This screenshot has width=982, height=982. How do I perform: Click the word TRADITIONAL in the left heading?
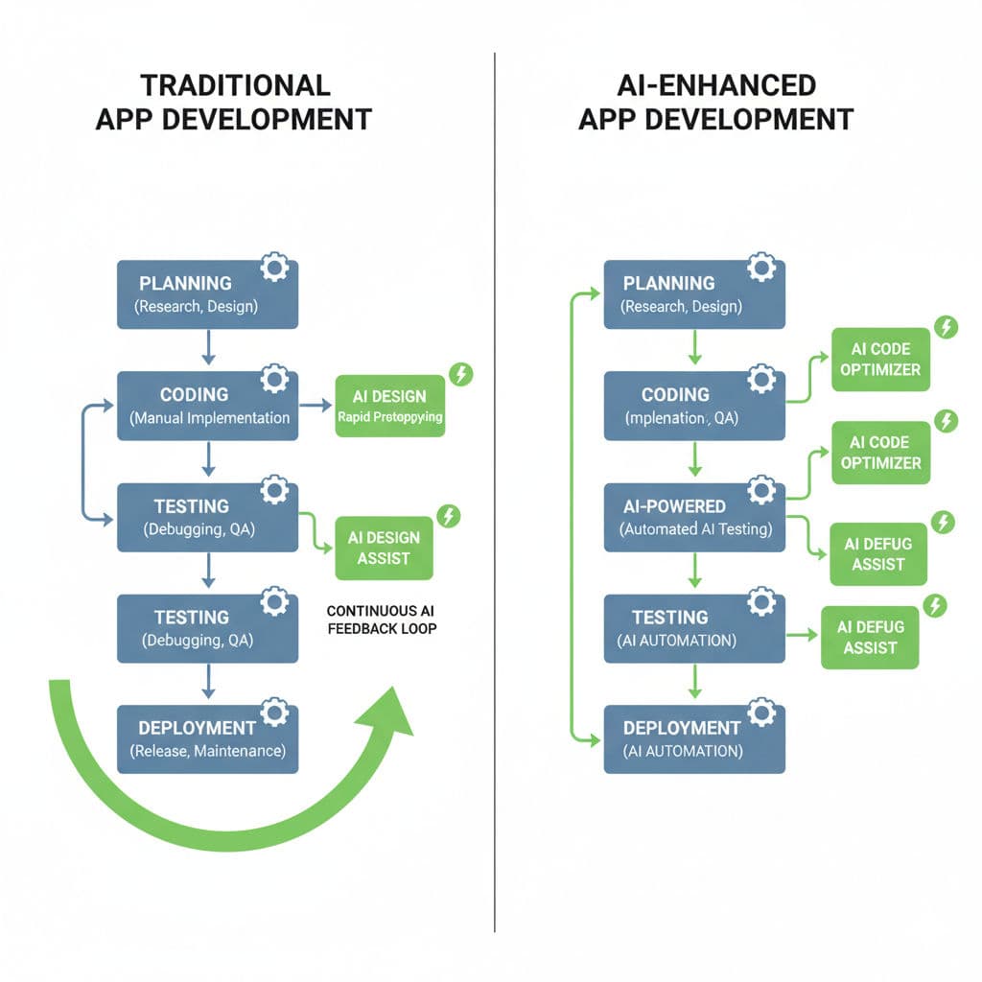coord(235,84)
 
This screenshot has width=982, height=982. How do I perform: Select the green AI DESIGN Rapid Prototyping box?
coord(390,406)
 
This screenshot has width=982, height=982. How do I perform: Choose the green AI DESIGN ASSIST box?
coord(384,549)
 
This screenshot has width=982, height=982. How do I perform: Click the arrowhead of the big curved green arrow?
coord(394,711)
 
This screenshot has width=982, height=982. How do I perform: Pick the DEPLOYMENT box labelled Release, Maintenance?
coord(207,738)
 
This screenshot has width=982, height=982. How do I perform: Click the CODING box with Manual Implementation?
coord(207,406)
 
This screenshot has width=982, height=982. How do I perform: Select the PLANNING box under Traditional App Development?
coord(207,294)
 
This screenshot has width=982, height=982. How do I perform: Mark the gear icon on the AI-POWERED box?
coord(761,491)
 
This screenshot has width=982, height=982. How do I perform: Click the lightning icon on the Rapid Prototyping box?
coord(461,374)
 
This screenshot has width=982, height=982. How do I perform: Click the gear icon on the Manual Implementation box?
coord(275,379)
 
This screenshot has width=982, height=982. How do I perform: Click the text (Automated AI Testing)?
coord(696,529)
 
